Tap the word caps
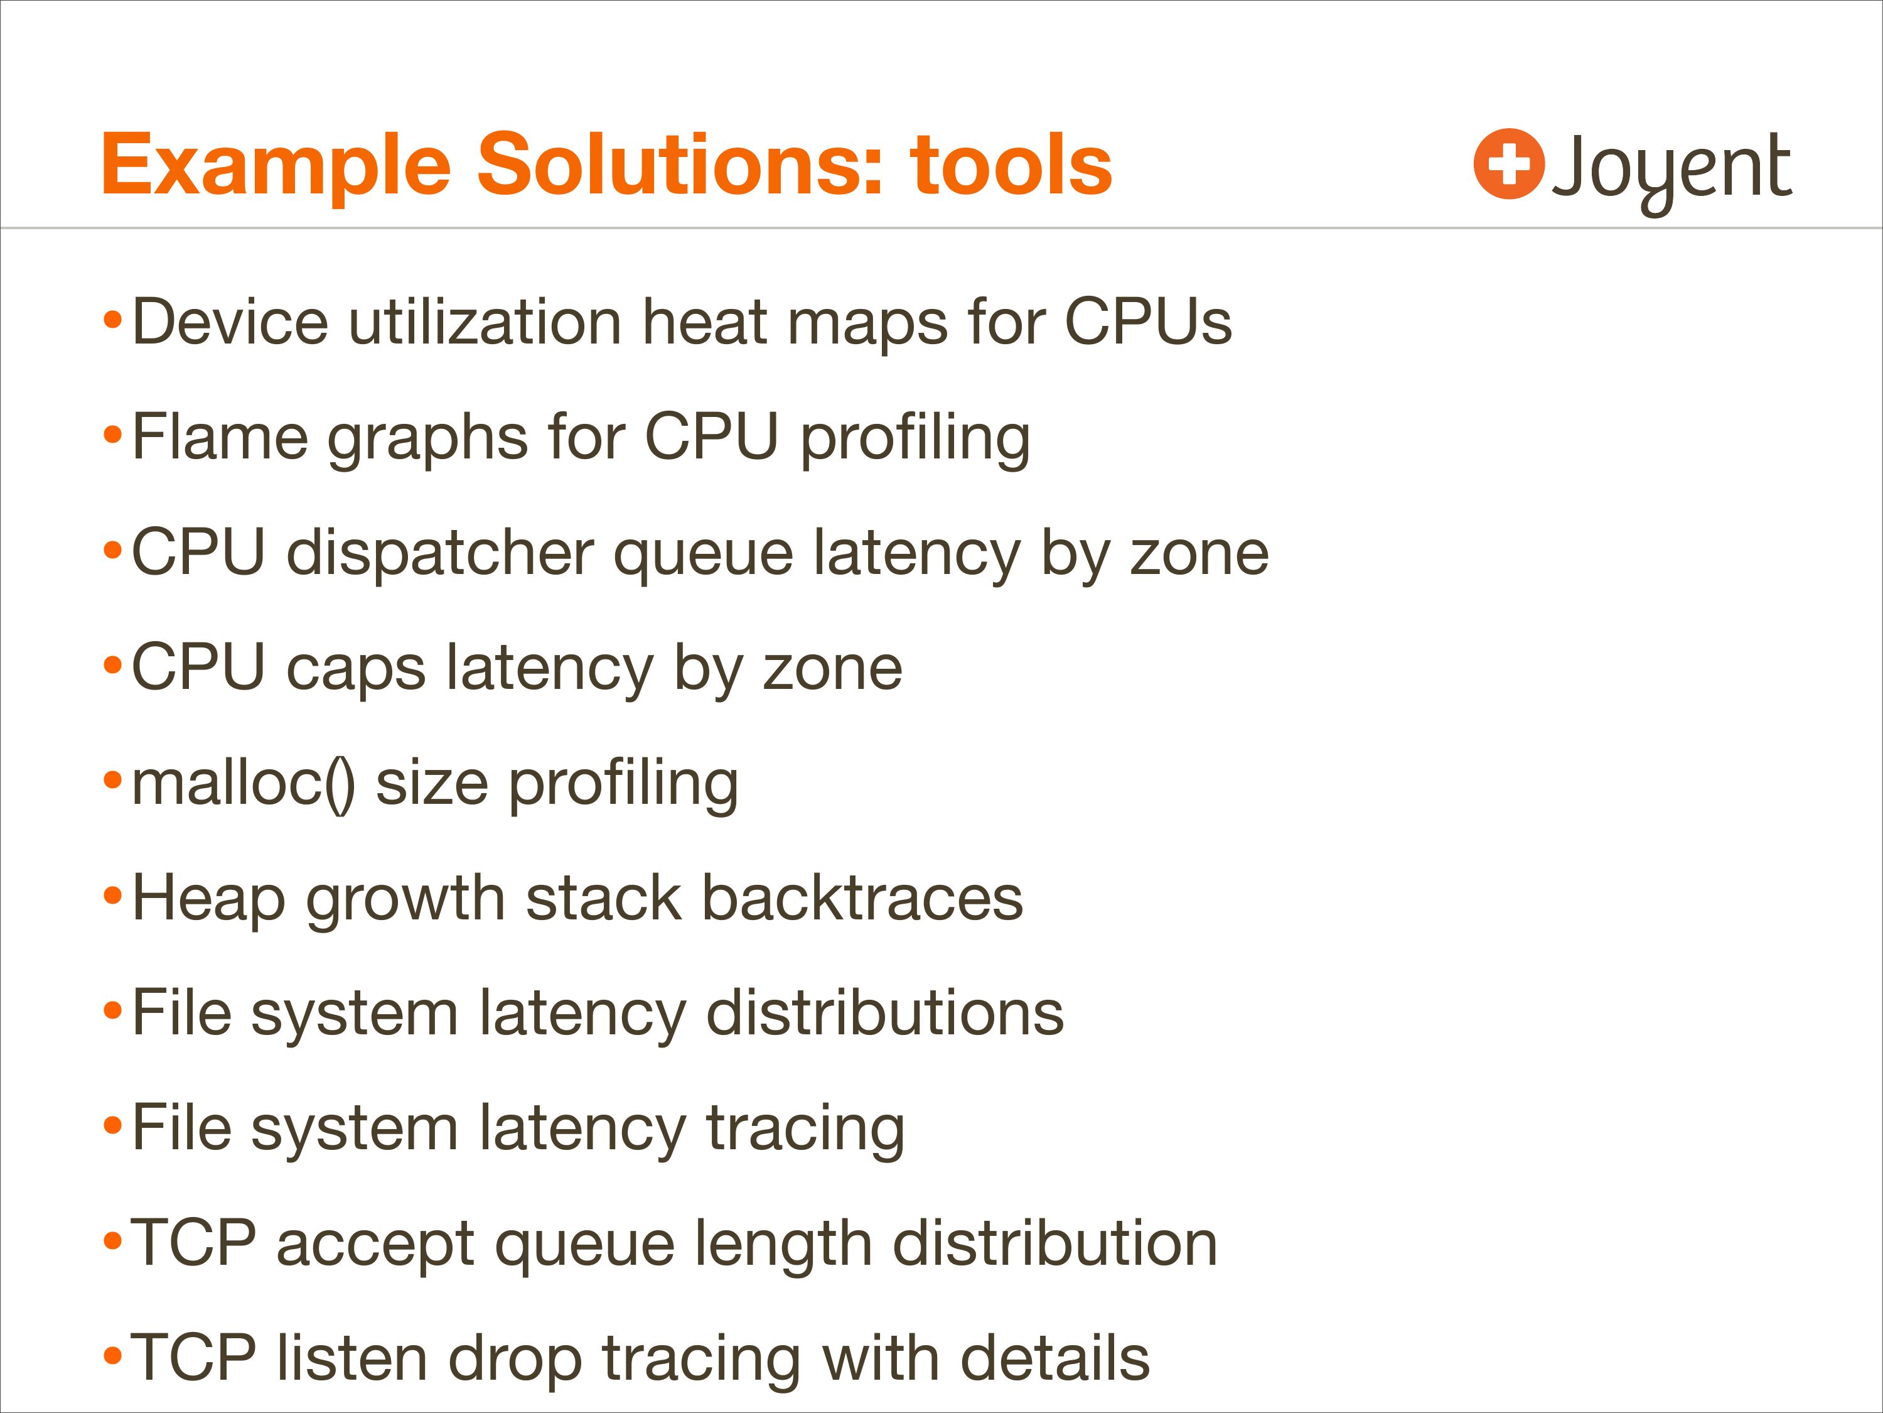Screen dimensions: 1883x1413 356,670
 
